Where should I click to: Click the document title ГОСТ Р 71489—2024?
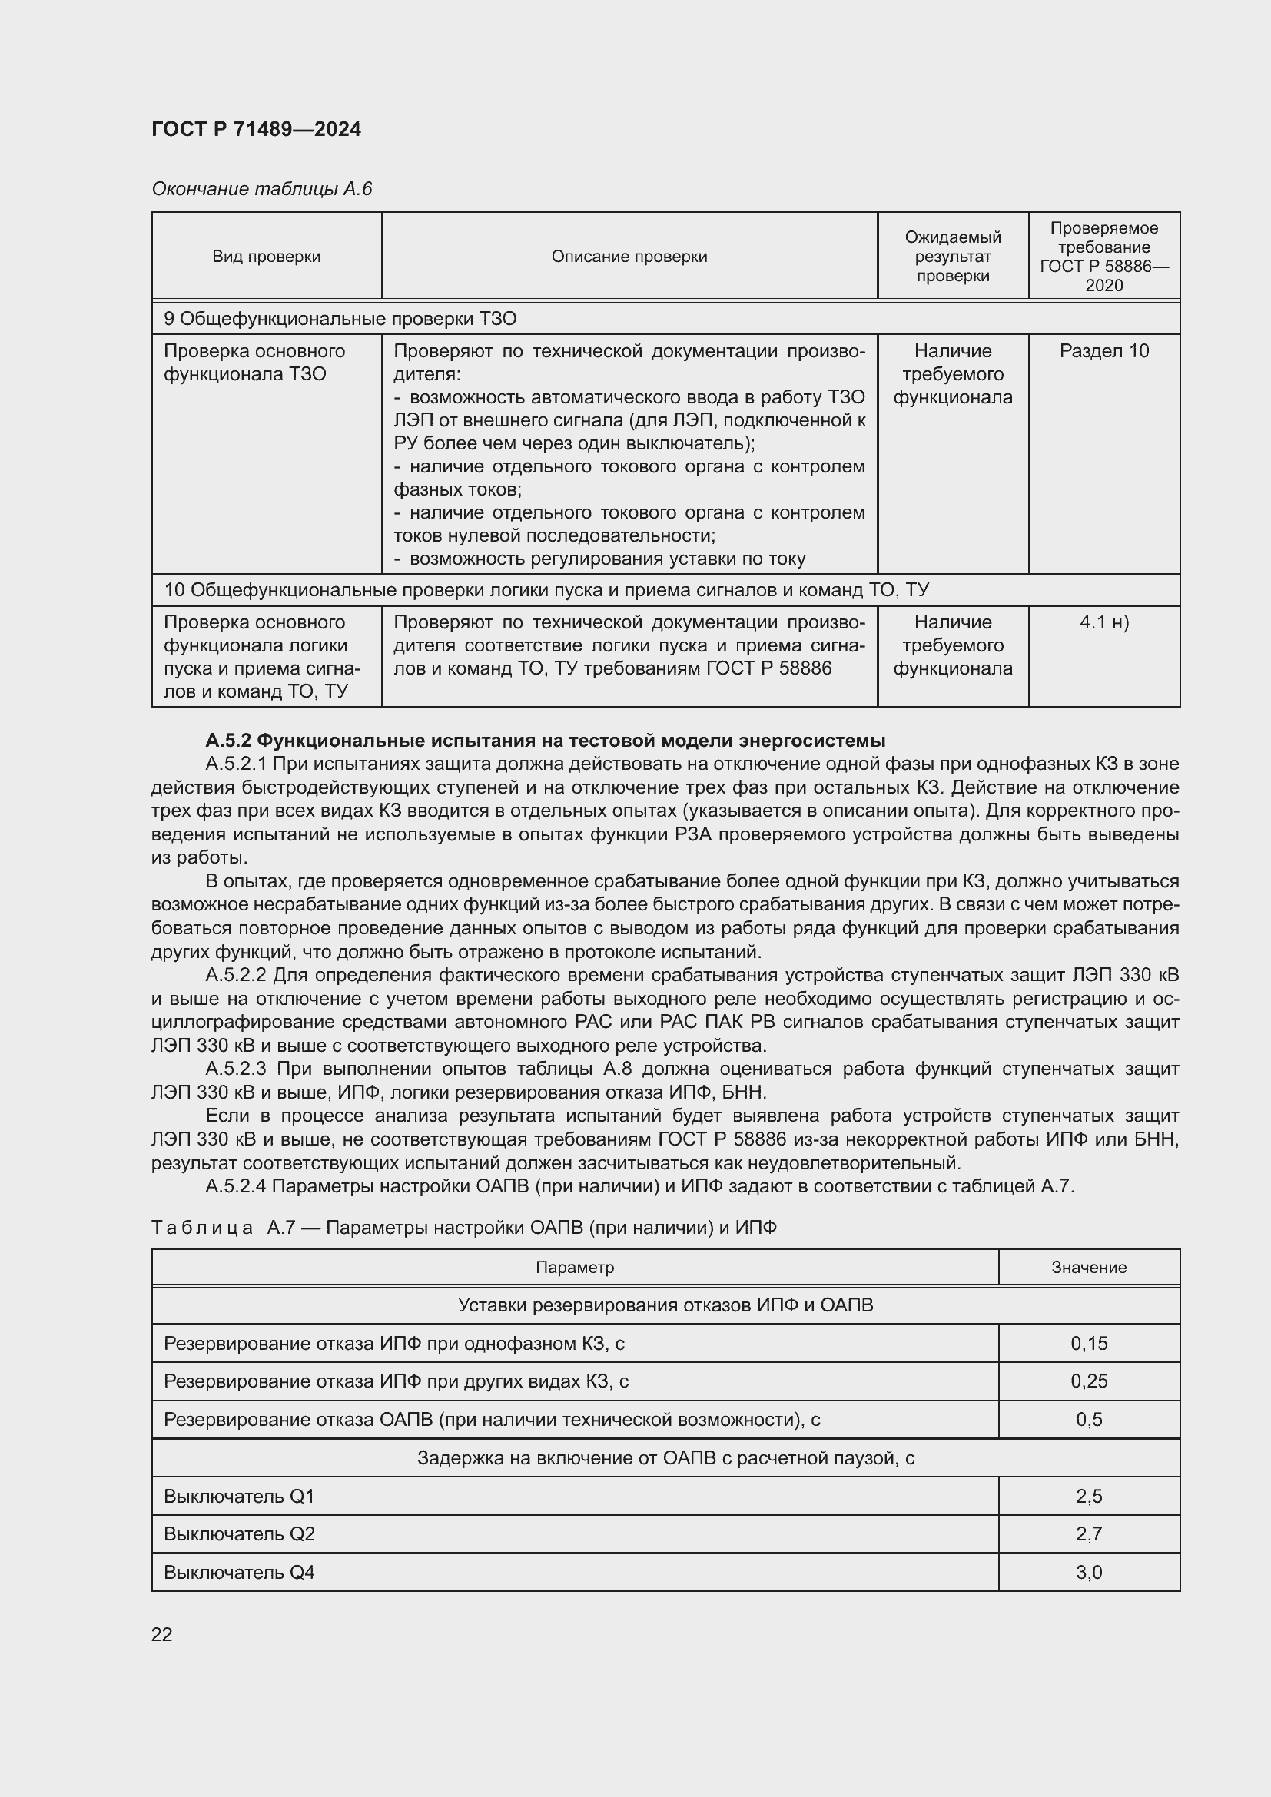coord(256,129)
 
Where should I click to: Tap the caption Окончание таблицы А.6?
coord(261,189)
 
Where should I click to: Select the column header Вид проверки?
coord(266,257)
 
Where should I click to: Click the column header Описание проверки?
coord(629,257)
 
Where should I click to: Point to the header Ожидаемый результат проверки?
coord(952,257)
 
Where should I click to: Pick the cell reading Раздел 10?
coord(1103,351)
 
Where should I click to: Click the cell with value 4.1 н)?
coord(1103,622)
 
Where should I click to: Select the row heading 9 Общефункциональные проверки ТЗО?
coord(340,319)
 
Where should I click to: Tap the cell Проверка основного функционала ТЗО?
coord(254,363)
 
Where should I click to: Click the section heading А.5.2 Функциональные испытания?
coord(545,741)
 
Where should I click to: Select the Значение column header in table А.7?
coord(1088,1267)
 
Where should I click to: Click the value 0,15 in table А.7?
coord(1089,1344)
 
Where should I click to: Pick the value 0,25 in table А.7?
coord(1089,1381)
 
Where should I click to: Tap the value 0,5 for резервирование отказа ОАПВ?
coord(1089,1420)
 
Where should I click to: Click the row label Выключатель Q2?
coord(239,1534)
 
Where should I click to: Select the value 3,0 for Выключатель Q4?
coord(1089,1573)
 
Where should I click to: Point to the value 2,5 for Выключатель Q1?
coord(1089,1497)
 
